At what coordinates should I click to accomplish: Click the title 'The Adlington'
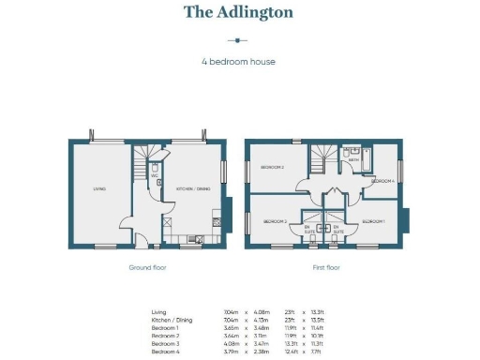[238, 12]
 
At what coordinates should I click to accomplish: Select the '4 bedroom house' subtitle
[238, 63]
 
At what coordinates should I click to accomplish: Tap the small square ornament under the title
[238, 40]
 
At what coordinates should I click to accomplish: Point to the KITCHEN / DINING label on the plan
[193, 189]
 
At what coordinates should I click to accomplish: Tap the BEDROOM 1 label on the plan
[374, 221]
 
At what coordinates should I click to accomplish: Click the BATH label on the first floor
[353, 160]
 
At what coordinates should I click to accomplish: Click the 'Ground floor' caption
[146, 267]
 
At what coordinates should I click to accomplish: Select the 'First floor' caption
[325, 267]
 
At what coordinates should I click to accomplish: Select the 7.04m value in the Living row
[230, 311]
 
